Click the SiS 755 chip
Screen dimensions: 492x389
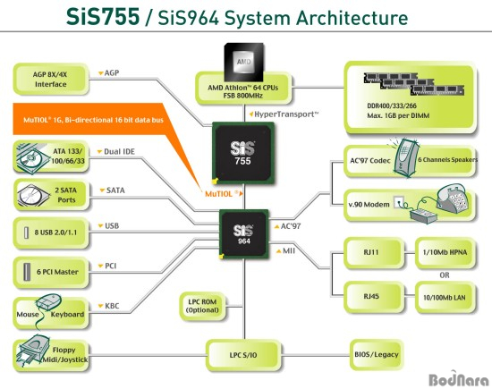(x=243, y=153)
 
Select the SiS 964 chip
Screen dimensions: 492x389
(x=244, y=234)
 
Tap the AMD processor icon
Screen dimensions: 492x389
(x=244, y=62)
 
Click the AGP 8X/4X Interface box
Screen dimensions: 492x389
(x=51, y=79)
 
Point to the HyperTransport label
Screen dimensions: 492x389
(x=284, y=114)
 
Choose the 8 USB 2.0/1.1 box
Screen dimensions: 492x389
(x=51, y=233)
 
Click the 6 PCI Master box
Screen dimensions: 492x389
(x=51, y=272)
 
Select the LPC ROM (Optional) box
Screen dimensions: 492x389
(x=202, y=306)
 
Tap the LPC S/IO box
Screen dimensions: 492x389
(x=243, y=355)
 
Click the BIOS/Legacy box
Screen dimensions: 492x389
(x=377, y=354)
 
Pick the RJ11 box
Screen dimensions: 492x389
(x=374, y=253)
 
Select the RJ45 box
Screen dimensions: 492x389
(x=374, y=297)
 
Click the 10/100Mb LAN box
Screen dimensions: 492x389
(x=445, y=297)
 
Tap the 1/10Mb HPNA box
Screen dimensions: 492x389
(x=445, y=253)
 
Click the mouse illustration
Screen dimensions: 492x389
(x=48, y=301)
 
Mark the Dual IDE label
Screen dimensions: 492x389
(x=116, y=151)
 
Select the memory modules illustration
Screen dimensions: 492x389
(x=414, y=84)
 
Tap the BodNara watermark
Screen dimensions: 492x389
(x=458, y=378)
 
